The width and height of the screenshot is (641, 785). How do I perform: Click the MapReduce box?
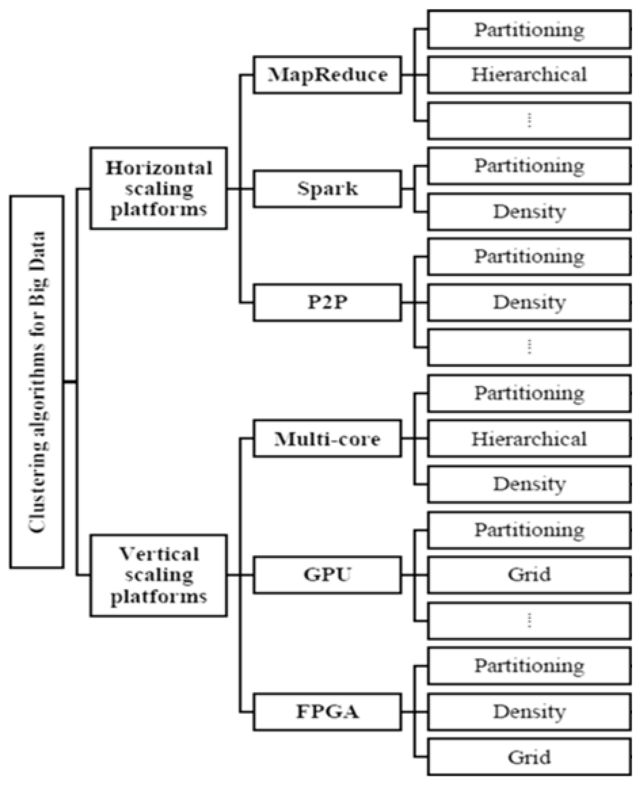pyautogui.click(x=327, y=75)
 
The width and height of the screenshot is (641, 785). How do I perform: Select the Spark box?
pyautogui.click(x=327, y=189)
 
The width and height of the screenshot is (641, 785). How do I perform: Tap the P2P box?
pyautogui.click(x=327, y=303)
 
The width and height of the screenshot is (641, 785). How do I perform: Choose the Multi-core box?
pyautogui.click(x=327, y=439)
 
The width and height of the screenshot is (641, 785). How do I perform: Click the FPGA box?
pyautogui.click(x=327, y=712)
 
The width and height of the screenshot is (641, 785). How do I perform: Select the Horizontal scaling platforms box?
pyautogui.click(x=158, y=189)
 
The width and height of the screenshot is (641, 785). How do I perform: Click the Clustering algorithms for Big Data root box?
pyautogui.click(x=37, y=382)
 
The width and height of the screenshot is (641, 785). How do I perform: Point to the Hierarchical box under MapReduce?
pyautogui.click(x=529, y=75)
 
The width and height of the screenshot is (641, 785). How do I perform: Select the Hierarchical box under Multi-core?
pyautogui.click(x=529, y=439)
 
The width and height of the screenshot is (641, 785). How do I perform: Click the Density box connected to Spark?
pyautogui.click(x=529, y=212)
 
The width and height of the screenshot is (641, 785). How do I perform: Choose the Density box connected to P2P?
pyautogui.click(x=529, y=303)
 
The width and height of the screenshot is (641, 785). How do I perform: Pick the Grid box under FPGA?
pyautogui.click(x=529, y=757)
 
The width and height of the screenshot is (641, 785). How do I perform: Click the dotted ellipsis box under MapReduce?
pyautogui.click(x=529, y=121)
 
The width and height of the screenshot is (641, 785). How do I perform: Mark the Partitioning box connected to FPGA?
pyautogui.click(x=529, y=666)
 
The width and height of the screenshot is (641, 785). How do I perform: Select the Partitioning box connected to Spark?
pyautogui.click(x=529, y=166)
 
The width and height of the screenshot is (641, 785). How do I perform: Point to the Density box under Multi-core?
pyautogui.click(x=529, y=484)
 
